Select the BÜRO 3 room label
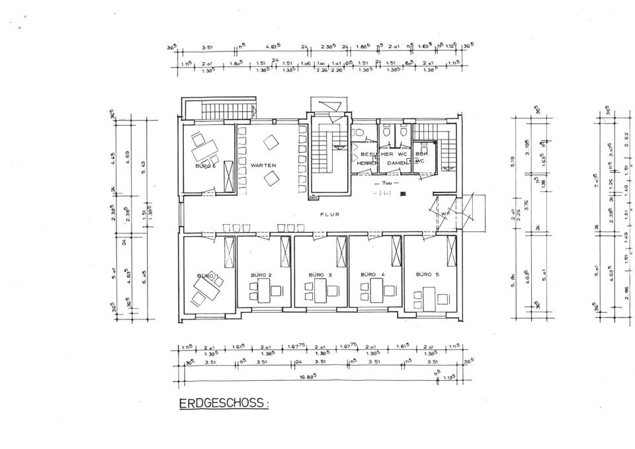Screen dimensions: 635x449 click(x=321, y=274)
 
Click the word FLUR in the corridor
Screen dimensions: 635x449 click(x=329, y=215)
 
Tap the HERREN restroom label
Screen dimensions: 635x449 click(x=366, y=163)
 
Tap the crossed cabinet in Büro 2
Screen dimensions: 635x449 click(x=286, y=252)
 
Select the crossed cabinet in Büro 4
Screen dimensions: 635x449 click(x=396, y=252)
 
